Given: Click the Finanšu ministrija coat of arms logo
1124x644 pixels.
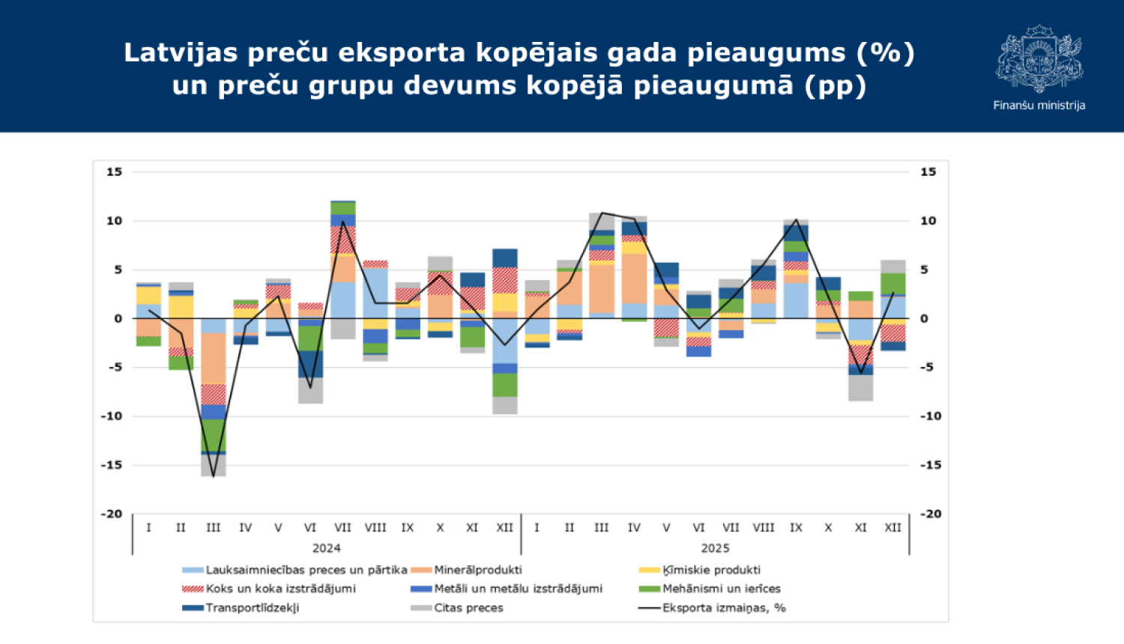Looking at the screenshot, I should [1039, 59].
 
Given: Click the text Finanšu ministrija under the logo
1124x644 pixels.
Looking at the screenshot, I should [1039, 106].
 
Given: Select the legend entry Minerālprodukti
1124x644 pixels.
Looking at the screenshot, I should [477, 570].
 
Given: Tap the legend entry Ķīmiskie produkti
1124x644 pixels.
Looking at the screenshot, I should [710, 570].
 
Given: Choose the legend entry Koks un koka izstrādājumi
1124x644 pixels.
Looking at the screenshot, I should [280, 589].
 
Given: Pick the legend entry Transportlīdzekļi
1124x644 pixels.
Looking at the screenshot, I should [252, 607].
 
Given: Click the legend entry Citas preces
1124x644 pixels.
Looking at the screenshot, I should [468, 607].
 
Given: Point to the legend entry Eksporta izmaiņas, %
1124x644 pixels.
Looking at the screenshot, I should [723, 607].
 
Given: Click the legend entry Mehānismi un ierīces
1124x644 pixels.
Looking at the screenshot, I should [721, 589].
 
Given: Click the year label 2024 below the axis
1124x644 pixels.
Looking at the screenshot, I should [327, 548].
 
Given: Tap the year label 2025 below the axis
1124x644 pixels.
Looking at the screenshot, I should [715, 548].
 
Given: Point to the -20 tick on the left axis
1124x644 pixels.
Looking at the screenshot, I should [112, 514].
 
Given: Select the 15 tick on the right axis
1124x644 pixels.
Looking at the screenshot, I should [928, 171].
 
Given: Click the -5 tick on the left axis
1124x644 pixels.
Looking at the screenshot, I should [113, 367].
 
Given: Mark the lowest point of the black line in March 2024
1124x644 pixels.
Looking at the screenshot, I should [214, 476].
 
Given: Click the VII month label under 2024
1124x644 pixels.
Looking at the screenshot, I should [342, 528].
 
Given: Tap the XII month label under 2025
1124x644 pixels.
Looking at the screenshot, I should [892, 528].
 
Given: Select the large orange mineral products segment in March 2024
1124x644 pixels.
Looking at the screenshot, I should [214, 359].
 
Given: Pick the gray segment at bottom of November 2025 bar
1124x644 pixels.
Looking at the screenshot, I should [860, 388].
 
